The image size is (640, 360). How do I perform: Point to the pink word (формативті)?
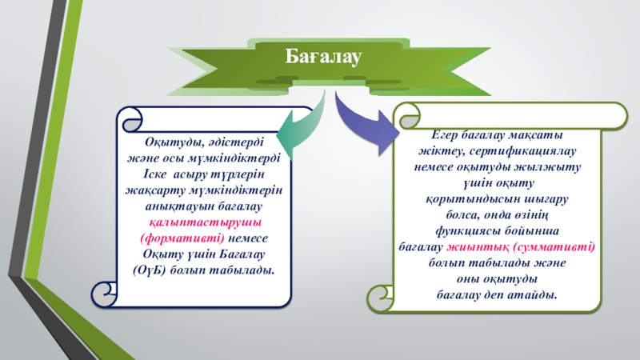(x=182, y=238)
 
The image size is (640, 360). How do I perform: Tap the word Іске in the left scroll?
(x=146, y=174)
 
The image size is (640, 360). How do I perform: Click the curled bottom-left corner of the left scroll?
(x=106, y=294)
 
